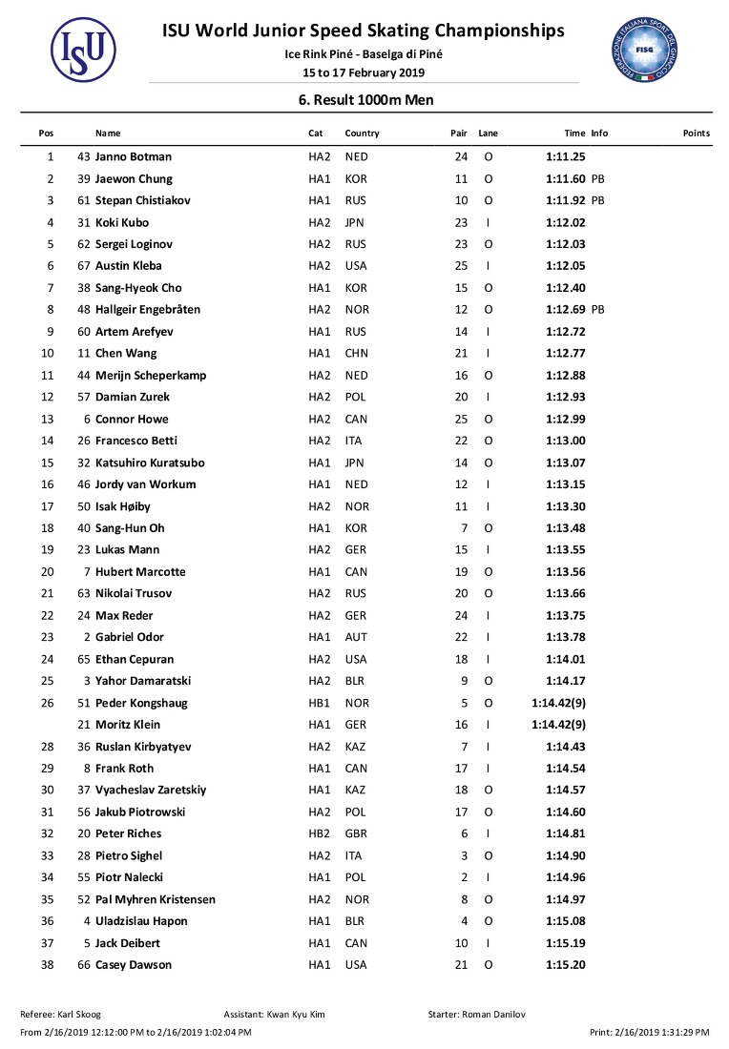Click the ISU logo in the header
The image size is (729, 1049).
pyautogui.click(x=83, y=50)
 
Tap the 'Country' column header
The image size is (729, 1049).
pyautogui.click(x=362, y=134)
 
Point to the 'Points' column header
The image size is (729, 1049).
pyautogui.click(x=696, y=134)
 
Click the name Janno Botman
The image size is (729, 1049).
pyautogui.click(x=134, y=156)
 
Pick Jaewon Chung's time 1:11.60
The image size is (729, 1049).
pyautogui.click(x=565, y=178)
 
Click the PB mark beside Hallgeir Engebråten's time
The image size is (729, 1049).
pyautogui.click(x=598, y=310)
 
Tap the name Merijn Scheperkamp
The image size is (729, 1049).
pyautogui.click(x=151, y=376)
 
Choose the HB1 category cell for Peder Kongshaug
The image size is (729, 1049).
pyautogui.click(x=319, y=703)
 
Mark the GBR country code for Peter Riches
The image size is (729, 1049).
pyautogui.click(x=356, y=833)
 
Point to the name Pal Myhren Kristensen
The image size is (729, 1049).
pyautogui.click(x=156, y=899)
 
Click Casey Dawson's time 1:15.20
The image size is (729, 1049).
pyautogui.click(x=565, y=965)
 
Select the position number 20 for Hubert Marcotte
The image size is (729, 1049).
pyautogui.click(x=50, y=572)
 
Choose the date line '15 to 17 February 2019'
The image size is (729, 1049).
pyautogui.click(x=364, y=72)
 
